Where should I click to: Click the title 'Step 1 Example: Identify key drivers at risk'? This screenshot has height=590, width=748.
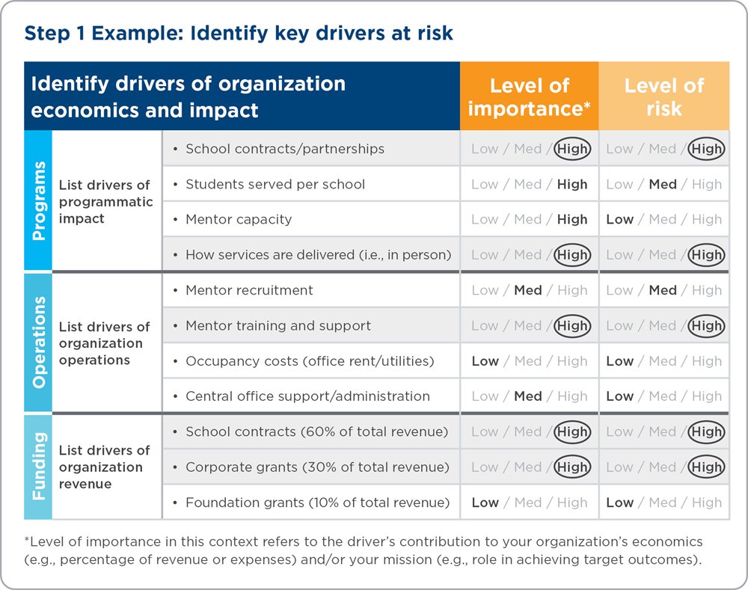pyautogui.click(x=239, y=34)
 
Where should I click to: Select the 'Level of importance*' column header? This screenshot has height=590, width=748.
pyautogui.click(x=529, y=96)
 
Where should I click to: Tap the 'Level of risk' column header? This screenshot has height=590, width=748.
pyautogui.click(x=664, y=96)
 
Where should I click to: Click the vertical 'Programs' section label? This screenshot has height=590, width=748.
pyautogui.click(x=39, y=201)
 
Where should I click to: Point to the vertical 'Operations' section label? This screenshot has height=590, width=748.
pyautogui.click(x=39, y=342)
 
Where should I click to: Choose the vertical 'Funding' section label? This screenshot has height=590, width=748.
pyautogui.click(x=39, y=466)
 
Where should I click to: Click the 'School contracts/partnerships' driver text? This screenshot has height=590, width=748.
pyautogui.click(x=285, y=149)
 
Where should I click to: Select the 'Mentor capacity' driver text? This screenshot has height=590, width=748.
pyautogui.click(x=239, y=219)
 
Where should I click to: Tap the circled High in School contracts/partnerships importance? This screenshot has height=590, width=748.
pyautogui.click(x=572, y=149)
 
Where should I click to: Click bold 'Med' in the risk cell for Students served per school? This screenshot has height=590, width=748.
pyautogui.click(x=663, y=184)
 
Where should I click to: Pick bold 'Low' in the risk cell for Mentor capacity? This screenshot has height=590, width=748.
pyautogui.click(x=619, y=219)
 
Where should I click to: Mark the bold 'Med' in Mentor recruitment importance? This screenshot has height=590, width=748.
pyautogui.click(x=527, y=290)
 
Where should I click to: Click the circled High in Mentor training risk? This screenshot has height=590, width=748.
pyautogui.click(x=707, y=326)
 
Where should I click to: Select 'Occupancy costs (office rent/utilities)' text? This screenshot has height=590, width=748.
pyautogui.click(x=310, y=361)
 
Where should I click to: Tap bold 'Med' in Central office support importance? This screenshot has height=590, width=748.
pyautogui.click(x=527, y=396)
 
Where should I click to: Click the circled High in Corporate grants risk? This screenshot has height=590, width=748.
pyautogui.click(x=707, y=467)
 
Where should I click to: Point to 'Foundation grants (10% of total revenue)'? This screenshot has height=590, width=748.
pyautogui.click(x=318, y=503)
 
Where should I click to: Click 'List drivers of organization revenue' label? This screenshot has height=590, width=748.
pyautogui.click(x=105, y=467)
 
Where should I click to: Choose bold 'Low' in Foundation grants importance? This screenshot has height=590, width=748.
pyautogui.click(x=485, y=503)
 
